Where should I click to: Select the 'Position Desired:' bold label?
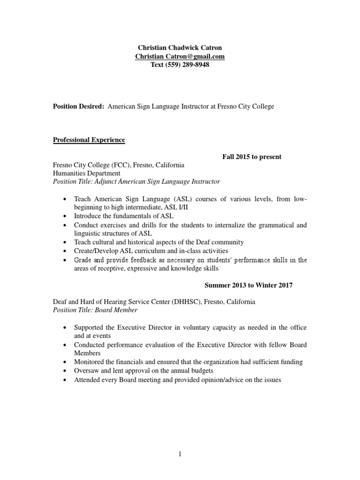click(78, 106)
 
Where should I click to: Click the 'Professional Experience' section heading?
click(89, 140)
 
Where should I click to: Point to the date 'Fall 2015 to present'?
click(252, 157)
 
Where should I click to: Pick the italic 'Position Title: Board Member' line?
click(95, 310)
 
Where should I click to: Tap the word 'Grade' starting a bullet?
click(83, 260)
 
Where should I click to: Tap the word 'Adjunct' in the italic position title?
click(107, 181)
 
